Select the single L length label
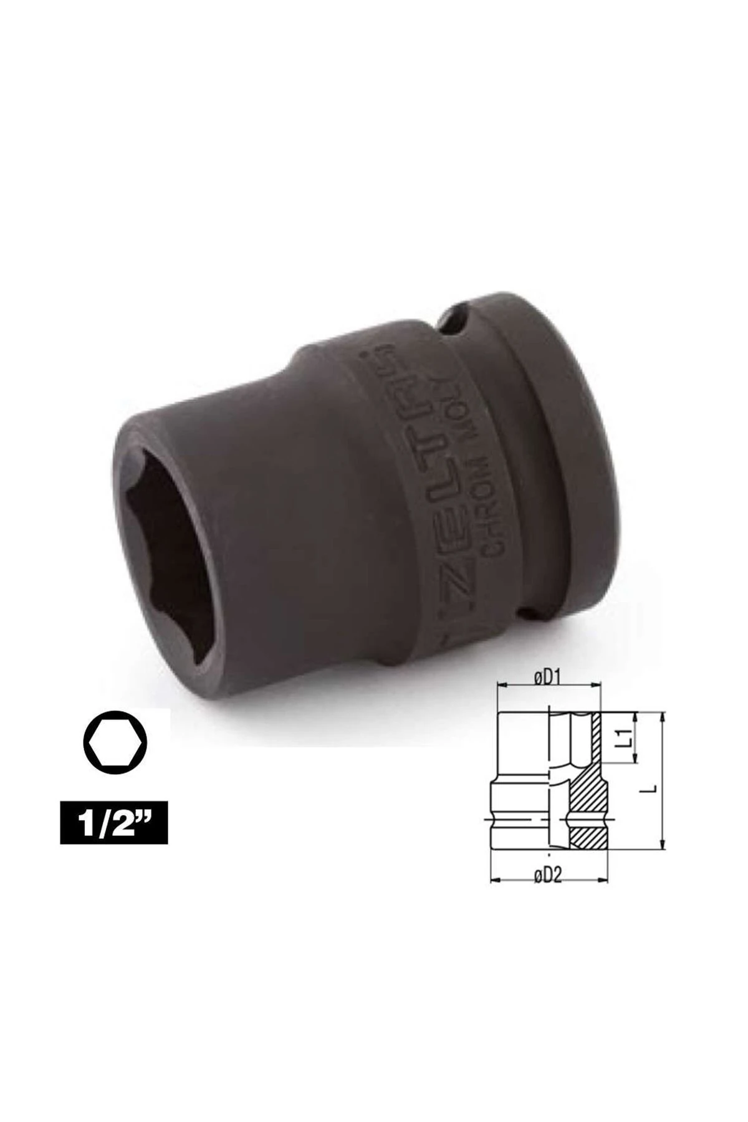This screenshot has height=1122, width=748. click(651, 788)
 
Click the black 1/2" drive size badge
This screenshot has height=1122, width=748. click(113, 823)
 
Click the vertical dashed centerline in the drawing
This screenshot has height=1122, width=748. click(550, 779)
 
